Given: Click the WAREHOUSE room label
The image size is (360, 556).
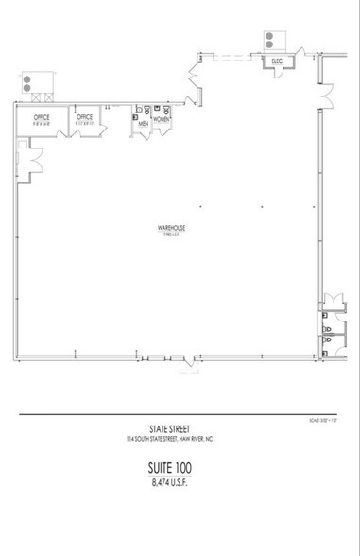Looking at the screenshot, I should [x=171, y=229].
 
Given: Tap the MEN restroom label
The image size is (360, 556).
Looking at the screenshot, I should [x=144, y=123].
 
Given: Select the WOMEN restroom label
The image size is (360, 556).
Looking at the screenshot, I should [x=162, y=119].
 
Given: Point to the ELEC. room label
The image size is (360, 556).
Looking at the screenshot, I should [x=278, y=61].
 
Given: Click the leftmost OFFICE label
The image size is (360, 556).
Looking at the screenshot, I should [x=41, y=117].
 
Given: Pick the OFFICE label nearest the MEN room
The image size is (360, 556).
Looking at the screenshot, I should [x=85, y=117].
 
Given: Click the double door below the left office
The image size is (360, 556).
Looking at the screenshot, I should [x=35, y=165].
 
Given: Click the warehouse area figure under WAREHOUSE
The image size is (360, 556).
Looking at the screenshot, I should [x=171, y=236].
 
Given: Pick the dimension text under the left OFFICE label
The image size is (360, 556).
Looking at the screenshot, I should [x=41, y=124].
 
